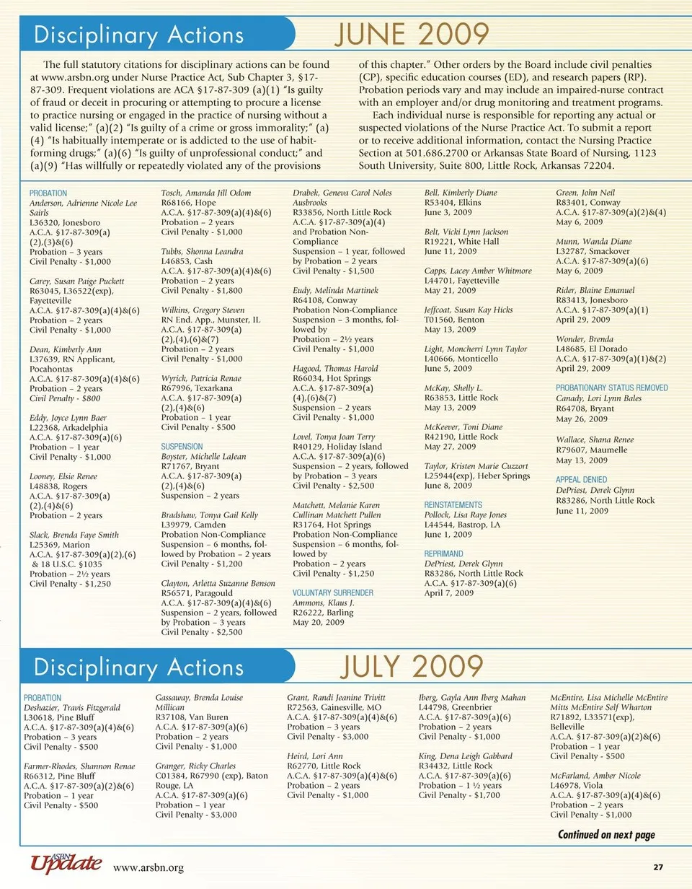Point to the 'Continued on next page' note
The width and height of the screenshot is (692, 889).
tap(606, 835)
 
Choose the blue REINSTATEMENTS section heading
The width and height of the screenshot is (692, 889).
tap(453, 505)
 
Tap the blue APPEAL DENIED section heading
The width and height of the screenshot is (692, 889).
tap(581, 480)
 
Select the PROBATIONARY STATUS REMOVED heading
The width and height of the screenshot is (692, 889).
tap(611, 387)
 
